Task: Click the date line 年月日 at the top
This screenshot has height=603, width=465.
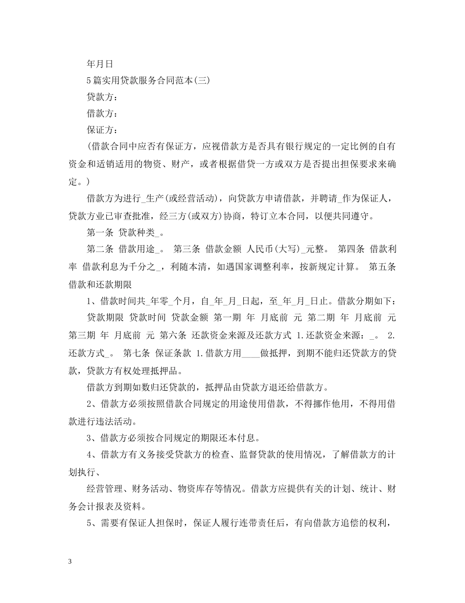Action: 100,64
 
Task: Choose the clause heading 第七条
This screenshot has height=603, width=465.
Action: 138,352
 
